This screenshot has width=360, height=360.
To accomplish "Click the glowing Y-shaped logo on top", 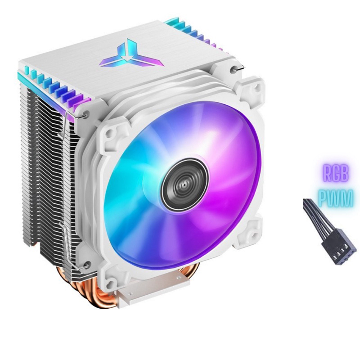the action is [131, 54].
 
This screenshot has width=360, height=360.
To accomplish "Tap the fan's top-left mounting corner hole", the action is [109, 133].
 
